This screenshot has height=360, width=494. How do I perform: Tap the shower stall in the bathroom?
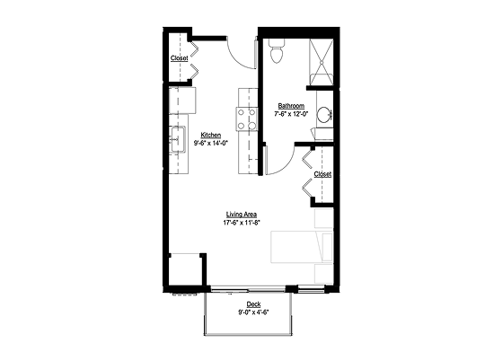(321, 62)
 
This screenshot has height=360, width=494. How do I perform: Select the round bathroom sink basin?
(323, 114)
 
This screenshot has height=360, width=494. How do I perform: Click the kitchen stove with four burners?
(247, 119)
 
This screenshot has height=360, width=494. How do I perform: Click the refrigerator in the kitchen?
(182, 101)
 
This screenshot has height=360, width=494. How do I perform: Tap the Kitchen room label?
(211, 136)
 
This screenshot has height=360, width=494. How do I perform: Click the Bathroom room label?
(291, 106)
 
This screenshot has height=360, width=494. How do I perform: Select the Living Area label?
(242, 215)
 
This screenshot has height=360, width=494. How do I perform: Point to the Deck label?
(253, 304)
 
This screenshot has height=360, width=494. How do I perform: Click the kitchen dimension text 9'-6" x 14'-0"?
(211, 143)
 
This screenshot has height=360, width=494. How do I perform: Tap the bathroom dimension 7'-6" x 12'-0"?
(291, 114)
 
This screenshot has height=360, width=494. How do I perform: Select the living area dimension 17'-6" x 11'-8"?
(242, 223)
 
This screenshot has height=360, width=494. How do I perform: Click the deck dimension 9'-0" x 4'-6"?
(253, 312)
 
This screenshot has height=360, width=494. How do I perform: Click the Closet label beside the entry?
(180, 58)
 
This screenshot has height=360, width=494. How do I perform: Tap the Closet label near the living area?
(322, 174)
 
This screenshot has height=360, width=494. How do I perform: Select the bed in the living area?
(302, 247)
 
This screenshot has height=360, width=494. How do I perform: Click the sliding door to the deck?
(248, 289)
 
